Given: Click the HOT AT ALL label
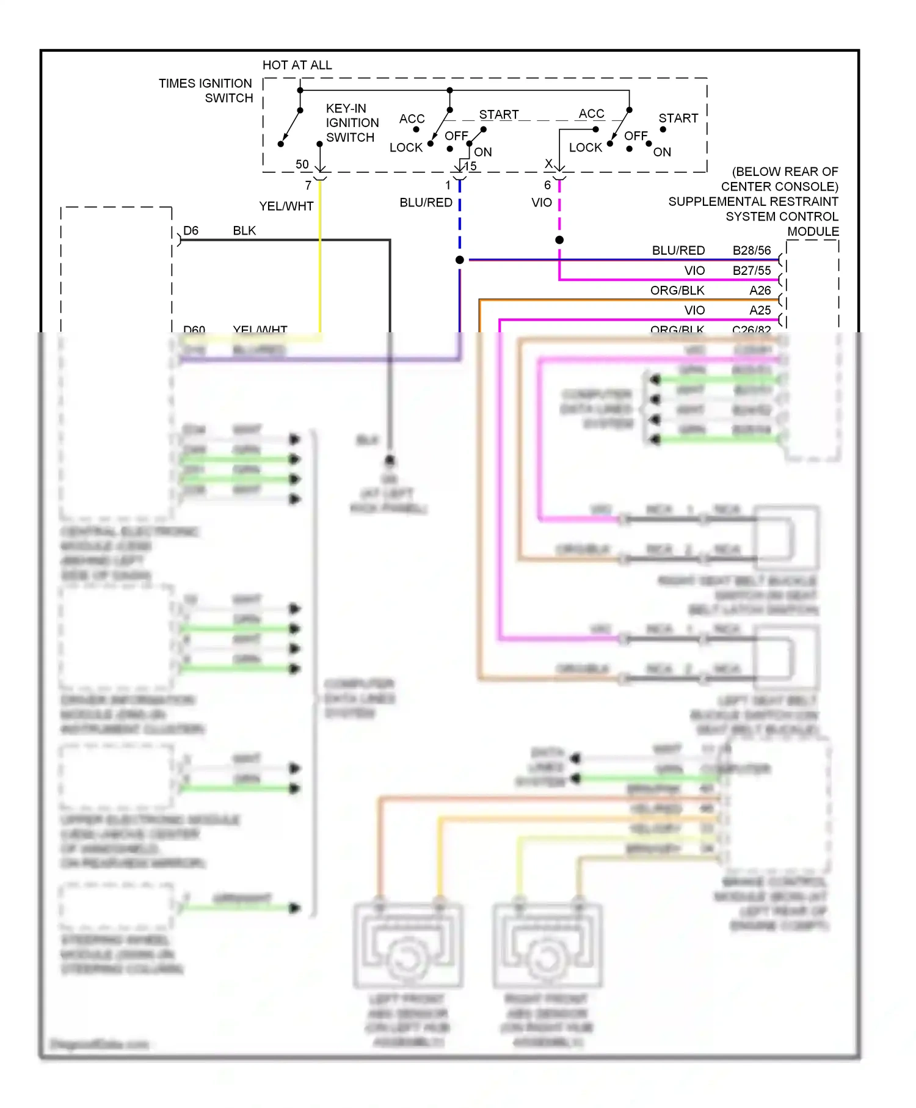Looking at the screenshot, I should coord(297,65).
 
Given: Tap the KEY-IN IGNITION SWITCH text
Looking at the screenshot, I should coord(352,123).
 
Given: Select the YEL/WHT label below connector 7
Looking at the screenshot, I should coord(286,206).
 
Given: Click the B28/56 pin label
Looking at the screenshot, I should coord(752,250).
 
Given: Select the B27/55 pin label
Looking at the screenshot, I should coord(752,271).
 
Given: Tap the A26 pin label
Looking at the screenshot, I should coord(760,290).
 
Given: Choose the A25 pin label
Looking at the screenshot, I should coord(760,310).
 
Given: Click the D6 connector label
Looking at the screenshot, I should coord(191,231).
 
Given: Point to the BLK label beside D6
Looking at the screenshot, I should coord(244,231).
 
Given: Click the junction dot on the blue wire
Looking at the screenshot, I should coord(460,260).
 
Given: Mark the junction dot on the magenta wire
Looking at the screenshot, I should coord(559,240).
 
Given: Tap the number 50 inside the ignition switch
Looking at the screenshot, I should coord(302,164).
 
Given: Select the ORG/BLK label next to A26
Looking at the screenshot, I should coord(677,290).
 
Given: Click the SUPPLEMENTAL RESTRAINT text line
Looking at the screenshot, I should coord(753,202).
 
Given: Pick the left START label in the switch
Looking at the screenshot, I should coord(498,115).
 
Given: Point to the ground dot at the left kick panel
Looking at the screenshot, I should coord(390,460).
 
